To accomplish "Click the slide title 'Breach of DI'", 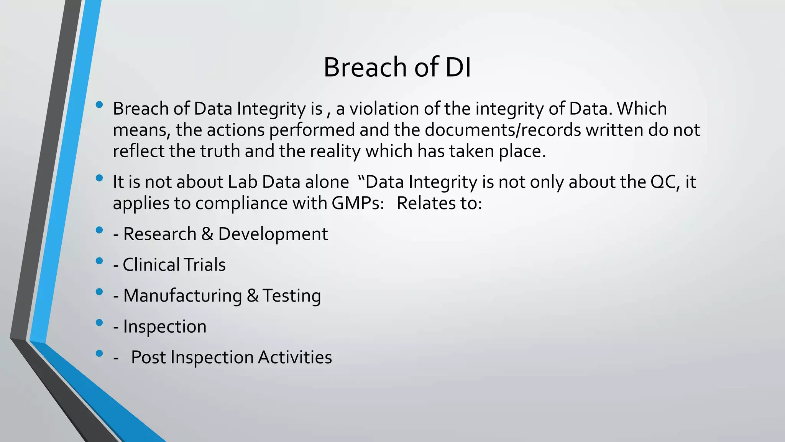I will (397, 68).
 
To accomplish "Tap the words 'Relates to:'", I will (439, 203).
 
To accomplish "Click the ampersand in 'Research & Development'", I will (207, 234).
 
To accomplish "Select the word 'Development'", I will (273, 234).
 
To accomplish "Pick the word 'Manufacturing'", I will (182, 296).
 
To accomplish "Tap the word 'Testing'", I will (292, 296).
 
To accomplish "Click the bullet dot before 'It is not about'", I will (99, 178).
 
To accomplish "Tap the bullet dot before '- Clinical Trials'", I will (99, 261).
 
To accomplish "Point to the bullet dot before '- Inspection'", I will (99, 323).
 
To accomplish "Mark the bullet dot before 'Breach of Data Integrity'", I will (99, 105).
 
